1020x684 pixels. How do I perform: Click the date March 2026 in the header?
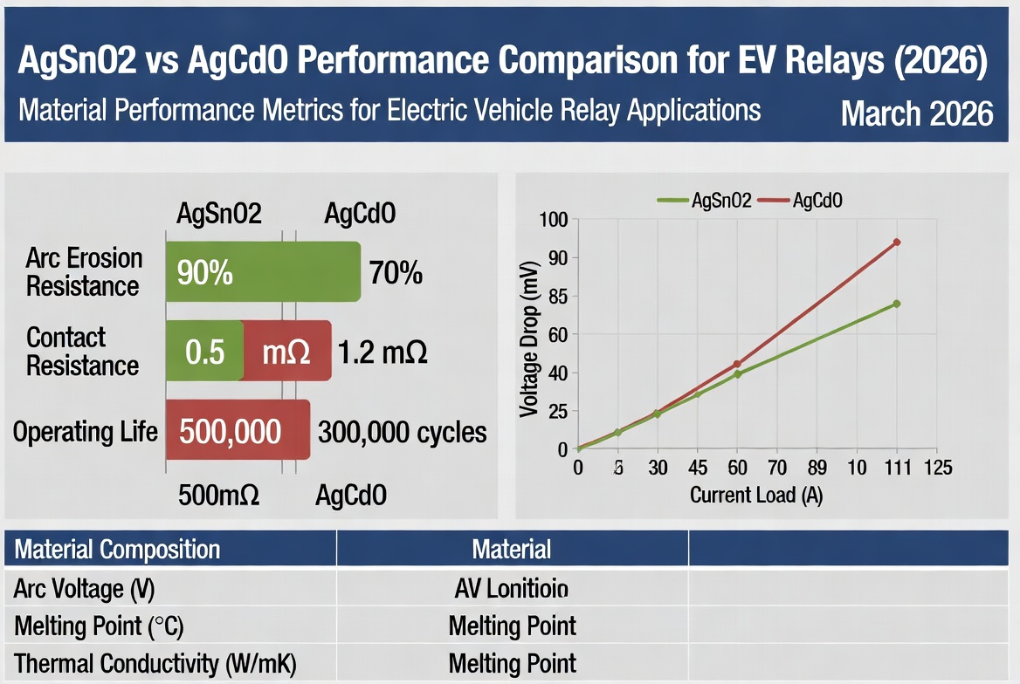click(916, 114)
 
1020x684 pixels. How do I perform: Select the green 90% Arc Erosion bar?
click(263, 272)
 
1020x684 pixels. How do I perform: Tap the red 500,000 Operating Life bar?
click(238, 430)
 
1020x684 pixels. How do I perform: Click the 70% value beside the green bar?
click(396, 273)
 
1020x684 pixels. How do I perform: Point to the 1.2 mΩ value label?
click(382, 352)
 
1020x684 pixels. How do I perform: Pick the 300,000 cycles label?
click(403, 432)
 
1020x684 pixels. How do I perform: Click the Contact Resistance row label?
click(83, 351)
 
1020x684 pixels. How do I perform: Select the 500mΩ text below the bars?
click(218, 496)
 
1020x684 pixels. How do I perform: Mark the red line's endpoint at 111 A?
click(896, 242)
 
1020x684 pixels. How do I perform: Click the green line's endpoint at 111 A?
click(896, 304)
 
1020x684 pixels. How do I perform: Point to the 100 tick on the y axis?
click(554, 220)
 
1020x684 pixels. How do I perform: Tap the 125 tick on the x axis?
click(937, 468)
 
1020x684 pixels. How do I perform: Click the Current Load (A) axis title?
click(756, 495)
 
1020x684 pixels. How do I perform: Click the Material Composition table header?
click(118, 550)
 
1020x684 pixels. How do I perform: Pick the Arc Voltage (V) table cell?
click(84, 589)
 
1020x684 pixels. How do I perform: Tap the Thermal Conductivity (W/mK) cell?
click(155, 663)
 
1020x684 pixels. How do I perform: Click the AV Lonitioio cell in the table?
click(512, 589)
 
